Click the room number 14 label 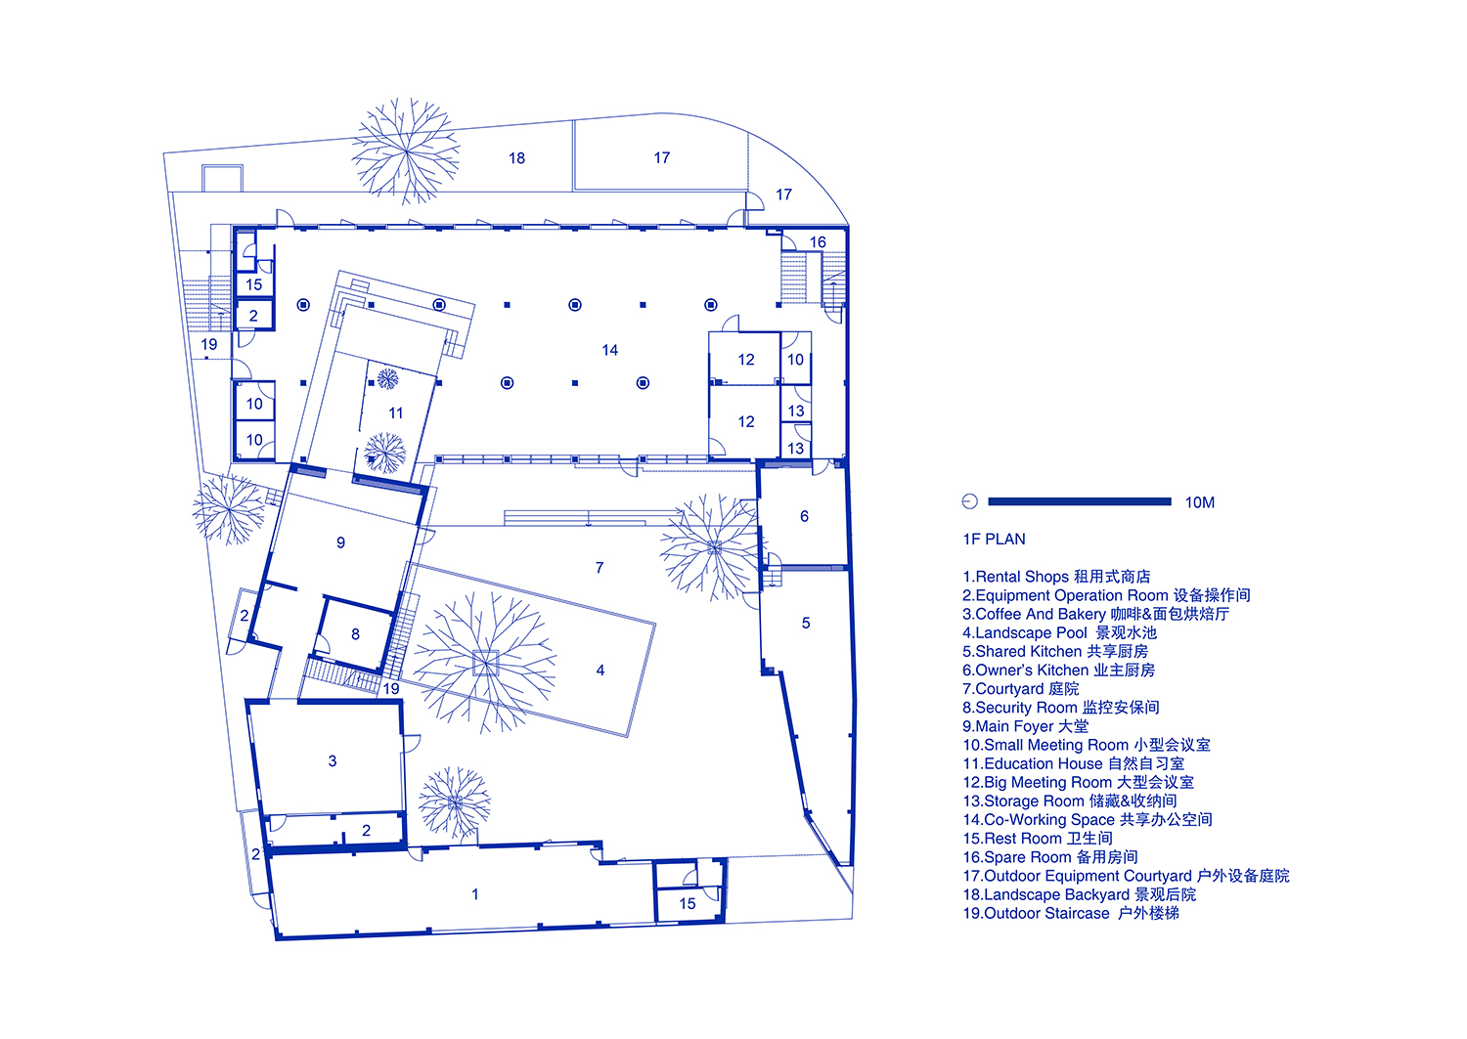point(609,350)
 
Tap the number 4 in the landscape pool point(600,670)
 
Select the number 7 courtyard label point(600,568)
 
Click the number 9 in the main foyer point(340,542)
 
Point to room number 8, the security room point(355,633)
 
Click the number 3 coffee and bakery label point(333,760)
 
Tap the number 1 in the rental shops point(474,893)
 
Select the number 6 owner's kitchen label point(804,516)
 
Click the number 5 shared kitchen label point(806,623)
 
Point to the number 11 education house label point(395,413)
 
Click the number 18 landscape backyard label point(516,157)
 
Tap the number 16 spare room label point(818,242)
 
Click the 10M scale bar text point(1200,502)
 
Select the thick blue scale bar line point(1080,501)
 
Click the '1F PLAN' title point(995,539)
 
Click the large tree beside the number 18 point(406,152)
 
